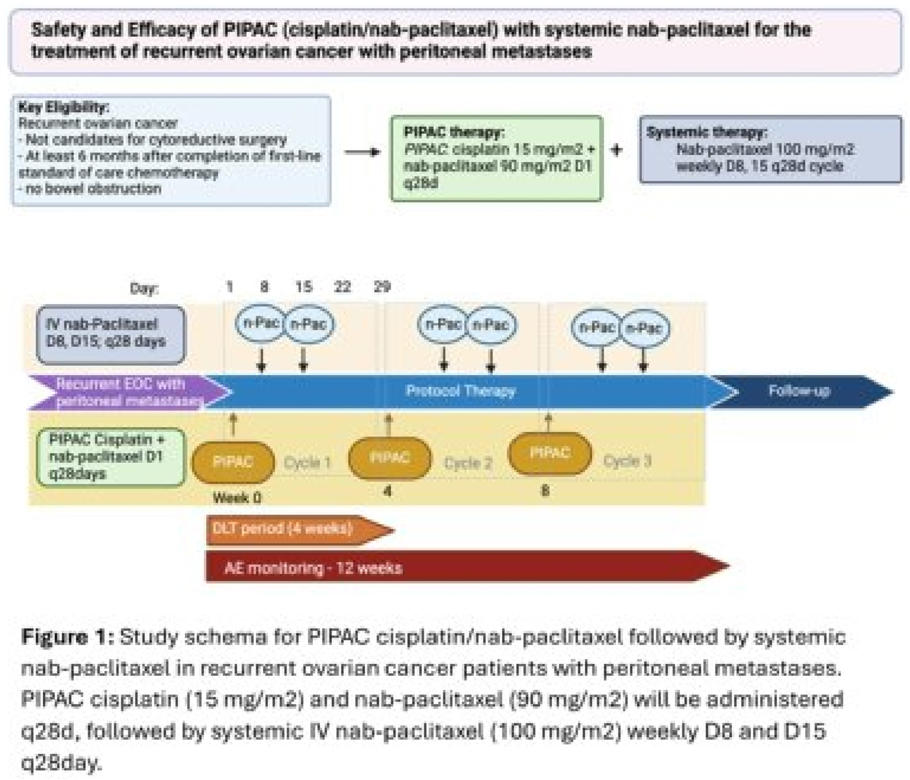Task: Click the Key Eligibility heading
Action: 64,107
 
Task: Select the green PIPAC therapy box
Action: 496,158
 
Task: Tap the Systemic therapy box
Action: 770,149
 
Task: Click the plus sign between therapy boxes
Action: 617,150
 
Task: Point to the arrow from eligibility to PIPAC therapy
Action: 362,152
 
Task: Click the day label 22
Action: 343,286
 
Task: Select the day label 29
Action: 382,286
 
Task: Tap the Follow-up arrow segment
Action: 799,391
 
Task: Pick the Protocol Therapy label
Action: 460,391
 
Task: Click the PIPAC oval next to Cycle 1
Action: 233,461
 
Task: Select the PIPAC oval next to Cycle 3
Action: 550,453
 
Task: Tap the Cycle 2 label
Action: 468,463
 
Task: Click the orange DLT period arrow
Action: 291,529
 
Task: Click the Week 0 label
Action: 237,498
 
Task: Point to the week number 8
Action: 545,490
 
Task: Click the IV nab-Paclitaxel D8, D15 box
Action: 110,334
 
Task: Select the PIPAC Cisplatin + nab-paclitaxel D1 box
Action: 110,457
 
